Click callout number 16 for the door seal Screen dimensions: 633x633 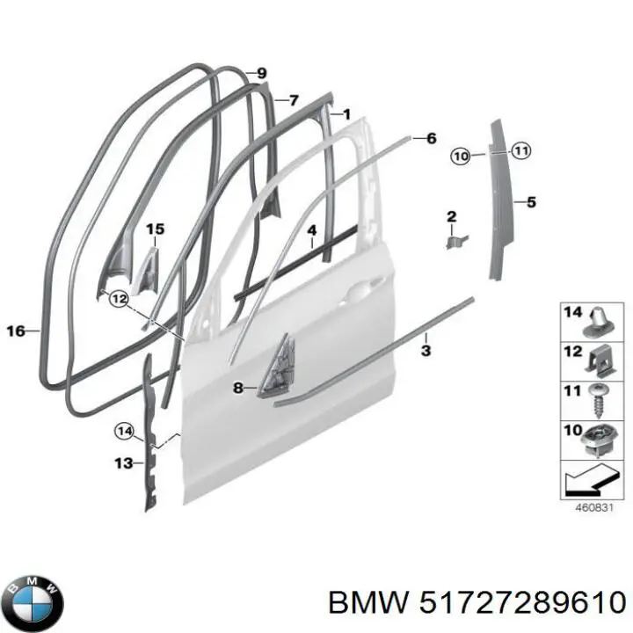[x=15, y=331]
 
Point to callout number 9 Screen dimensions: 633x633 [x=261, y=73]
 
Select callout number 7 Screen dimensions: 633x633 [x=294, y=100]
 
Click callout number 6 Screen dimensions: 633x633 [x=431, y=138]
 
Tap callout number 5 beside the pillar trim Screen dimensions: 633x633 [x=531, y=202]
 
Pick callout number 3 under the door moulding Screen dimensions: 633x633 [x=426, y=351]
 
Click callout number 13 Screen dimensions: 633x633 [x=123, y=462]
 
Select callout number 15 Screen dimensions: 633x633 [x=155, y=230]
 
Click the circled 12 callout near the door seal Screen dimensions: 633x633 [x=118, y=300]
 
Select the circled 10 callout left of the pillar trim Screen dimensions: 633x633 [x=461, y=156]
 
